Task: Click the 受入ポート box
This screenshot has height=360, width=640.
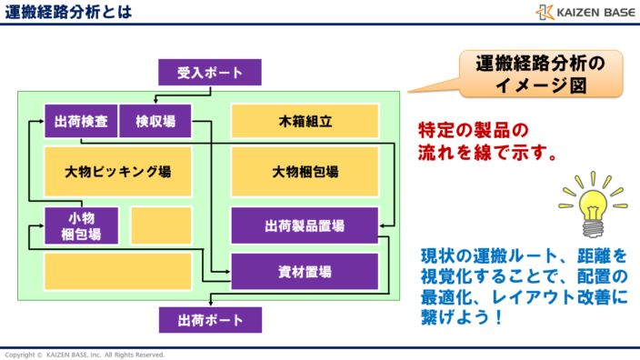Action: [x=210, y=72]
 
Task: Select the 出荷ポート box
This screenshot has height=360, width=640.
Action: [x=210, y=320]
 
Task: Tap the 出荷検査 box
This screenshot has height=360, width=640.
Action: [x=81, y=121]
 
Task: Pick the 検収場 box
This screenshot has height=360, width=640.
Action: [x=155, y=121]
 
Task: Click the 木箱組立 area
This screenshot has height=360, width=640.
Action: [x=305, y=121]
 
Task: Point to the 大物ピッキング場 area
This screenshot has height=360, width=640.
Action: [x=118, y=171]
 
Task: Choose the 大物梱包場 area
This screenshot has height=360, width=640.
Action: [x=305, y=171]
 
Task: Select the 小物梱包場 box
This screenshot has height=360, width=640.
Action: [x=81, y=225]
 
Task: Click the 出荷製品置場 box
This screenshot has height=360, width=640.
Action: [x=305, y=225]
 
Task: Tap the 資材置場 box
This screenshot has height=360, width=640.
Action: [x=305, y=271]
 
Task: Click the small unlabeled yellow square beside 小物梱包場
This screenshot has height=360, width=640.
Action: [x=161, y=225]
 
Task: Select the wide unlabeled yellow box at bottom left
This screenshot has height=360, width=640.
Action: [x=118, y=271]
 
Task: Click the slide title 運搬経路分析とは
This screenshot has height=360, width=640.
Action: [x=68, y=12]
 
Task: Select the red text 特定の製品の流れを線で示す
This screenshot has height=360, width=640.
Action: [x=487, y=141]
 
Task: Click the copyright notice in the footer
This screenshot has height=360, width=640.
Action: [x=84, y=354]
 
